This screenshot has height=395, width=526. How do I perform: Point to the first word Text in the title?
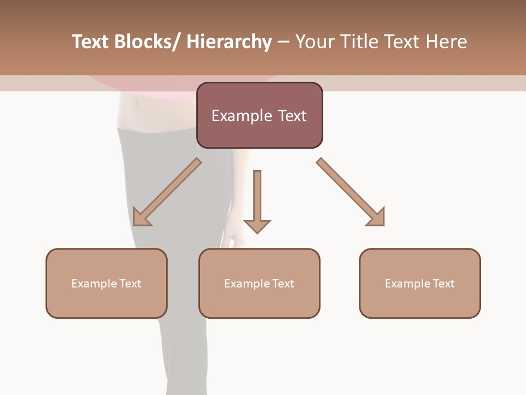91,42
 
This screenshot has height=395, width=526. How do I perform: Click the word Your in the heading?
317,42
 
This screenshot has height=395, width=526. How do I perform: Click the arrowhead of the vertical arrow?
257,225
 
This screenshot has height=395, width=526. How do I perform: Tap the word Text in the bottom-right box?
443,284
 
